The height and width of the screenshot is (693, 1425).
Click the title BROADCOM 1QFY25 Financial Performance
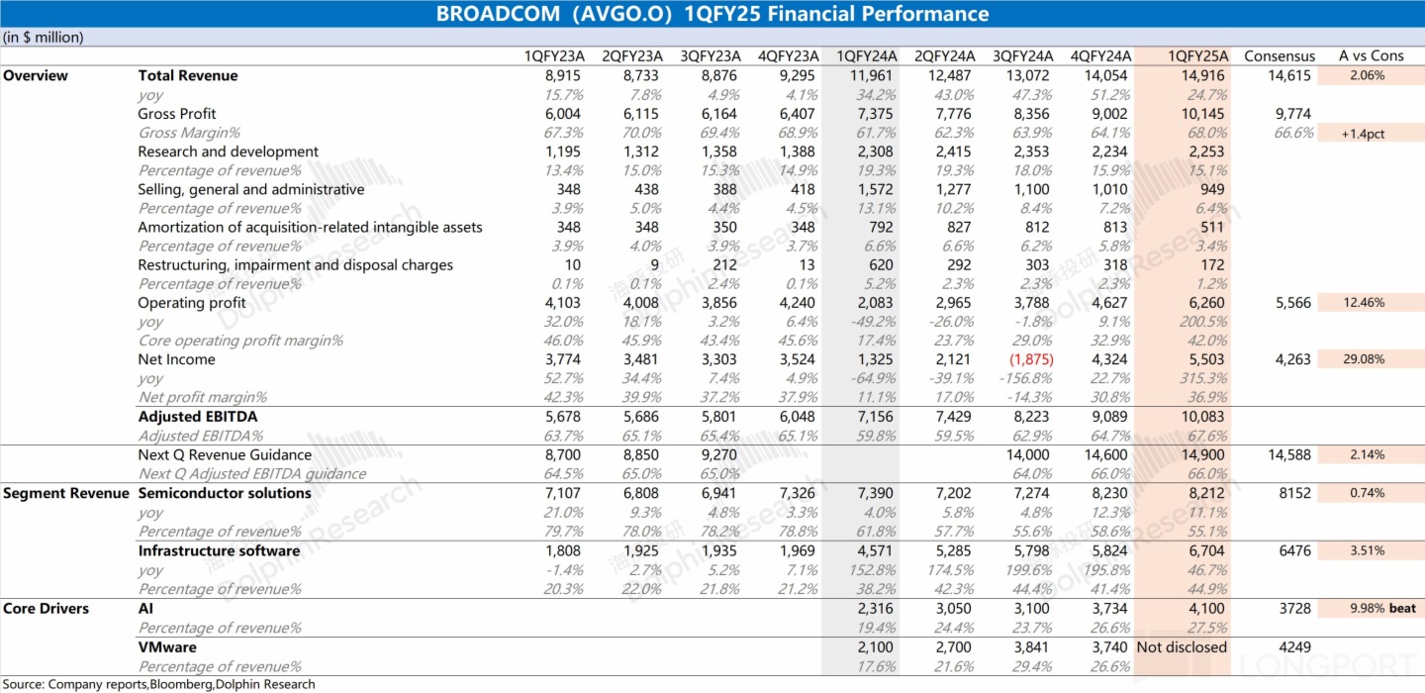click(712, 14)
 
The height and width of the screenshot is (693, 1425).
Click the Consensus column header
click(1280, 56)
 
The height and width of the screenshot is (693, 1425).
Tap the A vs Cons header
click(1371, 56)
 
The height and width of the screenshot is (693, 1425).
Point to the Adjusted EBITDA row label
click(197, 418)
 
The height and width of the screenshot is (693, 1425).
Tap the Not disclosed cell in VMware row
click(1182, 647)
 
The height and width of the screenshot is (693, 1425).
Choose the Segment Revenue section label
click(65, 494)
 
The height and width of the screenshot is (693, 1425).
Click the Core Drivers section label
click(47, 609)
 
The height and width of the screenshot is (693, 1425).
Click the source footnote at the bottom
click(158, 684)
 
